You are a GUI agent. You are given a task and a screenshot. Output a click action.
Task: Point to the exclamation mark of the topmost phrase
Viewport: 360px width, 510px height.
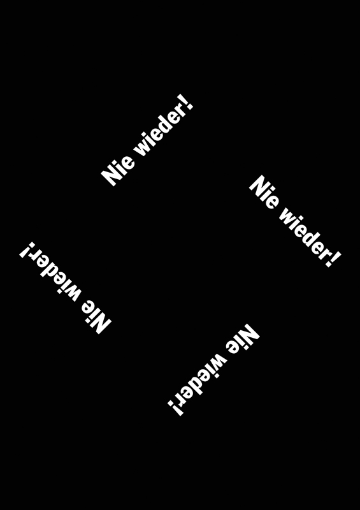click(x=189, y=102)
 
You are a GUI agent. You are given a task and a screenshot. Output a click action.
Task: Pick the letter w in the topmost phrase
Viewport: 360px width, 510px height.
click(x=142, y=149)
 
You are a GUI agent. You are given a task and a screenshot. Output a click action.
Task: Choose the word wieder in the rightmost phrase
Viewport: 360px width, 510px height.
click(x=303, y=233)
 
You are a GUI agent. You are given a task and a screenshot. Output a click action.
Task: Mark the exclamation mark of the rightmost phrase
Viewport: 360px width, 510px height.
click(x=334, y=259)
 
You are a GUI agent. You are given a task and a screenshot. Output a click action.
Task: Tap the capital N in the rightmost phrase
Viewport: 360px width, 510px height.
click(x=259, y=186)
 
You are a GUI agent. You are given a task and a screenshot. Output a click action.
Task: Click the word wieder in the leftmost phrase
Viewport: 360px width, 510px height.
click(x=56, y=276)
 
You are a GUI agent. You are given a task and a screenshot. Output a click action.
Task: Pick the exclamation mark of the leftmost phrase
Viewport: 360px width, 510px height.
click(x=27, y=250)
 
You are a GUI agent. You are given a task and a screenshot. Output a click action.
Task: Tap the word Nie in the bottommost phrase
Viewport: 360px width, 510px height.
click(x=242, y=340)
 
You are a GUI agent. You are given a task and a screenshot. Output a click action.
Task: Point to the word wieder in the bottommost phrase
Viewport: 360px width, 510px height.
click(x=201, y=378)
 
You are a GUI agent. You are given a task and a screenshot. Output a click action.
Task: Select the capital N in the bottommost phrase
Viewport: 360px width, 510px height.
click(x=249, y=334)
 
